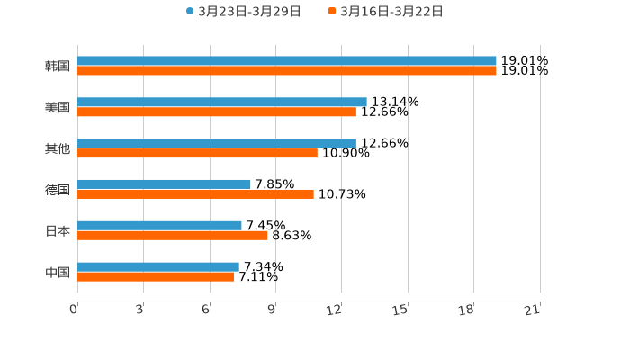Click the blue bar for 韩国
pos(286,61)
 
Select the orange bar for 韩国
pos(286,71)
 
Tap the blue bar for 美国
pos(221,103)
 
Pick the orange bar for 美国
pos(216,112)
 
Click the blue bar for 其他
pos(216,143)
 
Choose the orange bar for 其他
pos(197,154)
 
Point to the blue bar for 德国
pos(164,184)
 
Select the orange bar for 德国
pos(195,194)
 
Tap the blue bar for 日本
pos(159,226)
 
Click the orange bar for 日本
pos(172,236)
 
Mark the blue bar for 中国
pos(157,266)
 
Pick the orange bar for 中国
pos(156,277)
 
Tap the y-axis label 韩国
pos(58,67)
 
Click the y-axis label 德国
pos(58,190)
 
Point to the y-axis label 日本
pos(58,231)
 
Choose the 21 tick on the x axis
pos(533,310)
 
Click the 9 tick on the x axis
pos(272,310)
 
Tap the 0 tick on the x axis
pos(74,310)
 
